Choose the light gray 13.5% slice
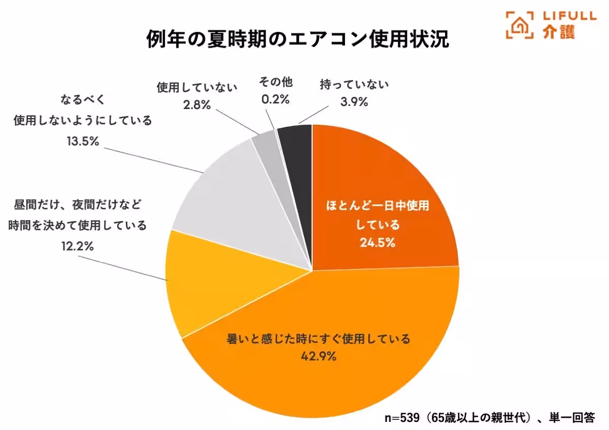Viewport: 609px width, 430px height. tap(228, 198)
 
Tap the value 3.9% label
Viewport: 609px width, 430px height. tap(354, 102)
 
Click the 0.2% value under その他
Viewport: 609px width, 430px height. tap(276, 99)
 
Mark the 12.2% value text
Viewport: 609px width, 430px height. tap(77, 246)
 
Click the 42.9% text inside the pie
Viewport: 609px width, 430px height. tap(319, 356)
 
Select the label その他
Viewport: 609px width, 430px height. tap(276, 82)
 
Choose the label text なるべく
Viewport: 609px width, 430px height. tap(83, 99)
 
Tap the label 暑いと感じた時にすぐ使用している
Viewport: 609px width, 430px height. tap(318, 339)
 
